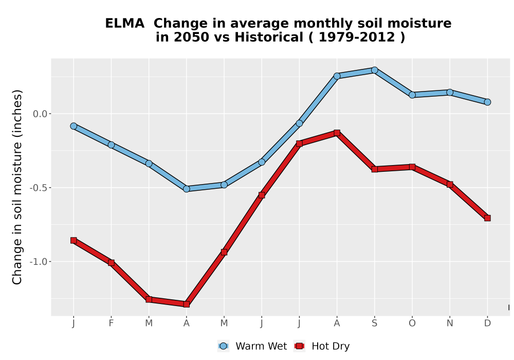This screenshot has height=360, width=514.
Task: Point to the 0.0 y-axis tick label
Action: (40, 114)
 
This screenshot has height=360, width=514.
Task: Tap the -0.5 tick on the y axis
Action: (39, 188)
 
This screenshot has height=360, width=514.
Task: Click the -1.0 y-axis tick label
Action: (39, 262)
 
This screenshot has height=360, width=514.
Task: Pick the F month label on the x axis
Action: (111, 323)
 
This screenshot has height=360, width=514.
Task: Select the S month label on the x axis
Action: (374, 323)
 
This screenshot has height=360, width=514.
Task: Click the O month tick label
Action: (412, 323)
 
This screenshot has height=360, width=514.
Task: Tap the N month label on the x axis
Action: (450, 323)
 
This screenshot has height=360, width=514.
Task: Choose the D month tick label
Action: (487, 323)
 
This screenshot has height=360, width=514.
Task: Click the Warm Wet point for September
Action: (374, 70)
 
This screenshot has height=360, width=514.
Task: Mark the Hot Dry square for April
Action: (187, 304)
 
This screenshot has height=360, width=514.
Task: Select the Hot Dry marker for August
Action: (337, 133)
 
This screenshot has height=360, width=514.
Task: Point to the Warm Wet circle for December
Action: (487, 102)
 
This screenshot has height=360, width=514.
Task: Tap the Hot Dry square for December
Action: (487, 218)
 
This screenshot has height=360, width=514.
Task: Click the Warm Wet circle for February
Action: (111, 145)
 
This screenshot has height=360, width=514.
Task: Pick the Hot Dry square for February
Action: (111, 263)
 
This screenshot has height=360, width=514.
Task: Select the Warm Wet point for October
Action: (412, 95)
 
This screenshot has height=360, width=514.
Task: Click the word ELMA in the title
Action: (124, 24)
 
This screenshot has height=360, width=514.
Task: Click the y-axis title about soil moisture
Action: (17, 187)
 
